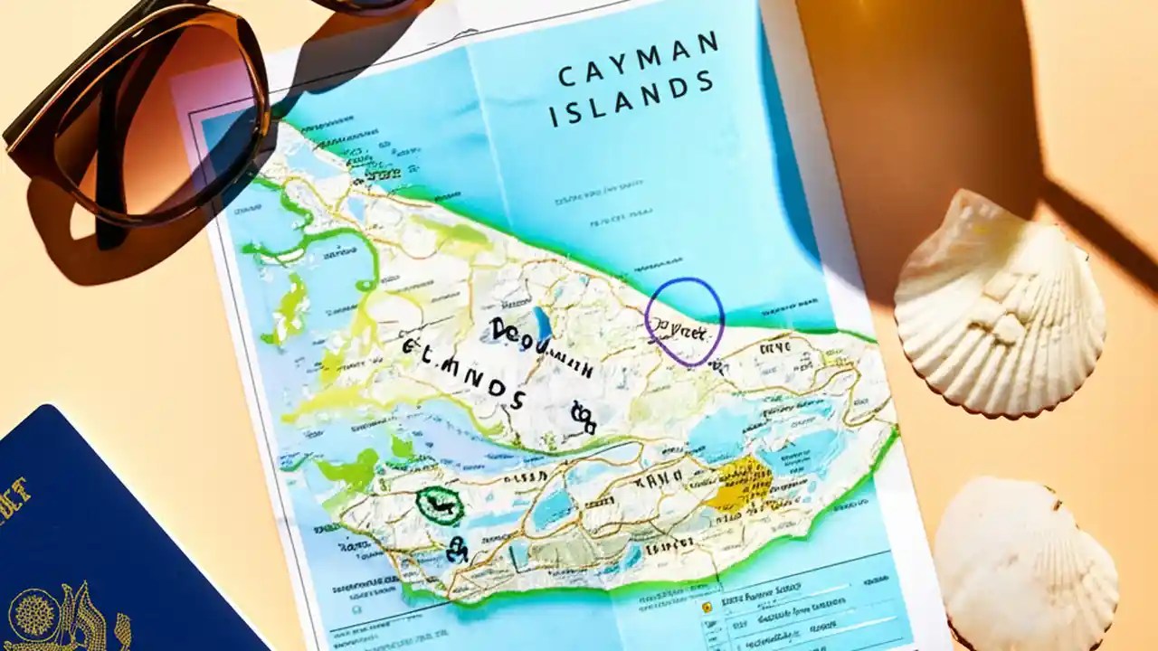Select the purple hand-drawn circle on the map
(x=684, y=321)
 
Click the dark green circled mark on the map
(x=440, y=505)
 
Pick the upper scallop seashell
(x=1000, y=303)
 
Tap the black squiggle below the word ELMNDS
(x=582, y=415)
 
